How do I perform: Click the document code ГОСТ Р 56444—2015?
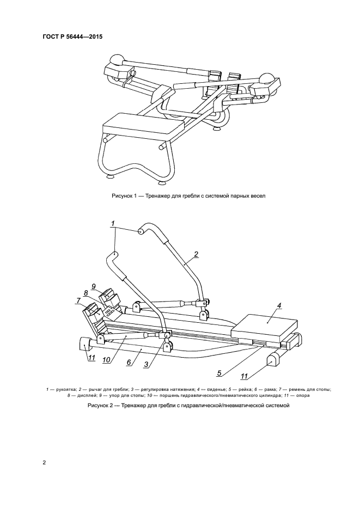[72, 37]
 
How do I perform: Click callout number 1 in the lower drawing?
[113, 223]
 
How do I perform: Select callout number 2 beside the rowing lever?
[196, 254]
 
